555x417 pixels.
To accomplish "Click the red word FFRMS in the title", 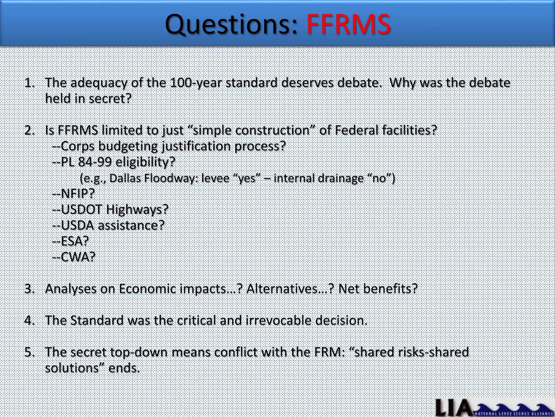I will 348,25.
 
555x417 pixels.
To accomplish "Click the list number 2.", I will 29,130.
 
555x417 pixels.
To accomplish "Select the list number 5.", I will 29,352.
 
